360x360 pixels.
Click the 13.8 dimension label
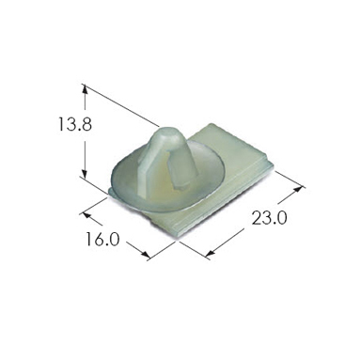point(75,124)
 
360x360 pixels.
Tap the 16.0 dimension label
point(102,239)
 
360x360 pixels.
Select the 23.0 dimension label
point(270,217)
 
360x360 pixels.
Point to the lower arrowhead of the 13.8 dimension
point(84,174)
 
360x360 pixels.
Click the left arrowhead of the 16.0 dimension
point(86,214)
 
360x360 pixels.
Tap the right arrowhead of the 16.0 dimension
point(146,256)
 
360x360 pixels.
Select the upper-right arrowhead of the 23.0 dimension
point(300,189)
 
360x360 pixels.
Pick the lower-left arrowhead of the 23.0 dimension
point(210,253)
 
